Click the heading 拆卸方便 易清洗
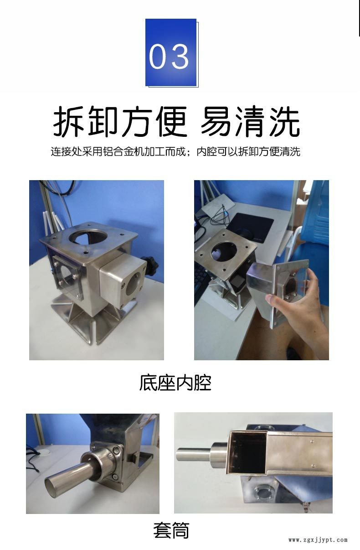(x=176, y=122)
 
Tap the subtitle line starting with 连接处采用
(x=175, y=152)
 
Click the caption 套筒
(x=171, y=531)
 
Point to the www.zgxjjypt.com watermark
(x=318, y=540)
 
